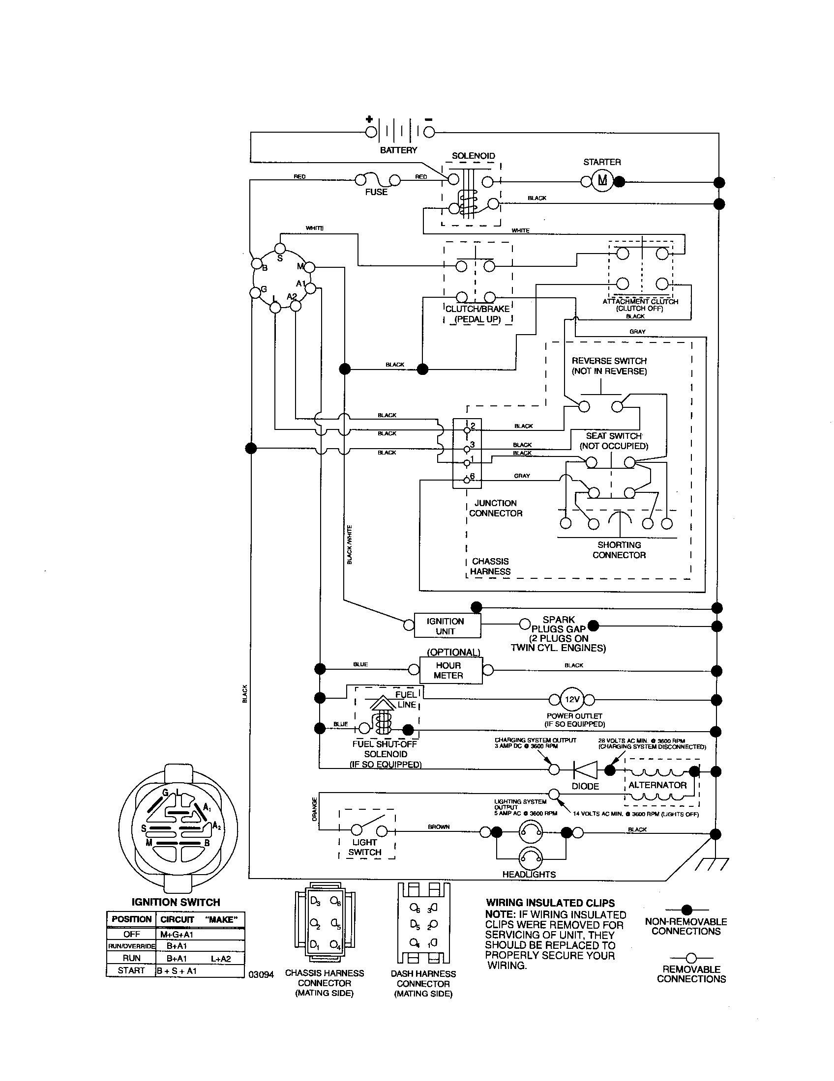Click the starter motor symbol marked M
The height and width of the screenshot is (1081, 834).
(602, 181)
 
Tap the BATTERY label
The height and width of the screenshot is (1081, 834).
(398, 150)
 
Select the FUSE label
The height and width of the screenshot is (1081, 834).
(376, 192)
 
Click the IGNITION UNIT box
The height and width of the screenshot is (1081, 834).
(445, 626)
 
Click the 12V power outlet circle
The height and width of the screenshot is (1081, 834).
(572, 699)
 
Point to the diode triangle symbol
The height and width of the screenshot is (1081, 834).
(585, 769)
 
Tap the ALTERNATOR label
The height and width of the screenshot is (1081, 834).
(657, 785)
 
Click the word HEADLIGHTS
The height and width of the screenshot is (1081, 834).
(529, 874)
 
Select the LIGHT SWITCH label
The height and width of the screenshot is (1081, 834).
(365, 847)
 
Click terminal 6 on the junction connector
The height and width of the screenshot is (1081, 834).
(467, 480)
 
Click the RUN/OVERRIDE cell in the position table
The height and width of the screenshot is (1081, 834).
(131, 946)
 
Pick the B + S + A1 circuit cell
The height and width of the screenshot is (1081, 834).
(177, 970)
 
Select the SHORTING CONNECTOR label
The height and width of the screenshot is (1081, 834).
(619, 550)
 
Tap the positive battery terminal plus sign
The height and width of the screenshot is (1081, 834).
(369, 119)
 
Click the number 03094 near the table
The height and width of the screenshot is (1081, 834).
(261, 974)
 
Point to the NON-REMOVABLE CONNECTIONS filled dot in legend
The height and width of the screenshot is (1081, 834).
(686, 910)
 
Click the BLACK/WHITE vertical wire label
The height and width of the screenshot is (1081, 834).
(350, 544)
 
